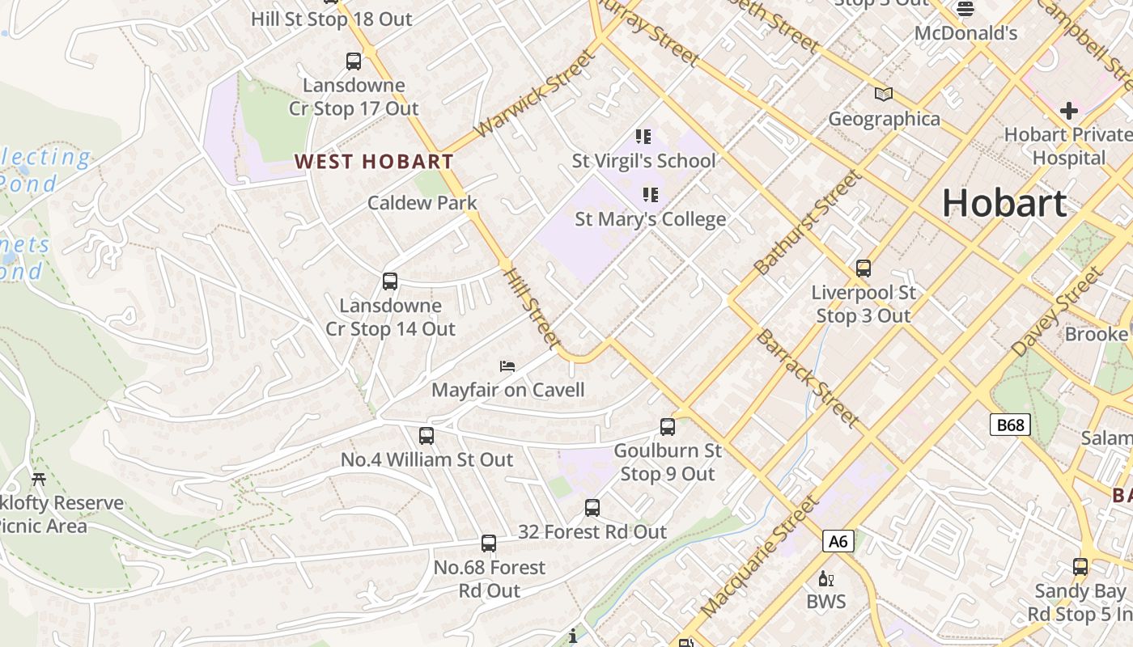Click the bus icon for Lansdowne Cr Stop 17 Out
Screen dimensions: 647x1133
pos(353,61)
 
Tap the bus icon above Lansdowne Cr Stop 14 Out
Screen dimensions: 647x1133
pos(390,281)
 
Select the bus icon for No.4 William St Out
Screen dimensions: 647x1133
pos(426,436)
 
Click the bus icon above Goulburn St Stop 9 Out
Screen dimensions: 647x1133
pos(668,427)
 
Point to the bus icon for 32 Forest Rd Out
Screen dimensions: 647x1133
pos(592,508)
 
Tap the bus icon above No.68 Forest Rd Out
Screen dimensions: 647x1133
pos(489,543)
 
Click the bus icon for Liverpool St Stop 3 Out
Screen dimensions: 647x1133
pos(864,269)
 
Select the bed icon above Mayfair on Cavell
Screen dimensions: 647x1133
pos(507,366)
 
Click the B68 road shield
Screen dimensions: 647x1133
pos(1010,425)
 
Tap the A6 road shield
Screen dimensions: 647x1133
pos(838,540)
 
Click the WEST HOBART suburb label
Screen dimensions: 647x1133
pos(374,161)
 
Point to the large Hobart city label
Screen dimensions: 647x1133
pos(1004,202)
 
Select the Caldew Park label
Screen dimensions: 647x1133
pos(422,202)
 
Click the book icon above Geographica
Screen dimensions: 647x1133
pos(884,95)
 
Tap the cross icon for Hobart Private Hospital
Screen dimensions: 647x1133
pos(1068,110)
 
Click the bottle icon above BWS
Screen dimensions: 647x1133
pos(826,578)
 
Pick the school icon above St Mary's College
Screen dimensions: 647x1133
pos(650,194)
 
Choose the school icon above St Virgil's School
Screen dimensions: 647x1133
pos(643,136)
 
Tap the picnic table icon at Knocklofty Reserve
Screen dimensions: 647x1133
pos(38,478)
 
